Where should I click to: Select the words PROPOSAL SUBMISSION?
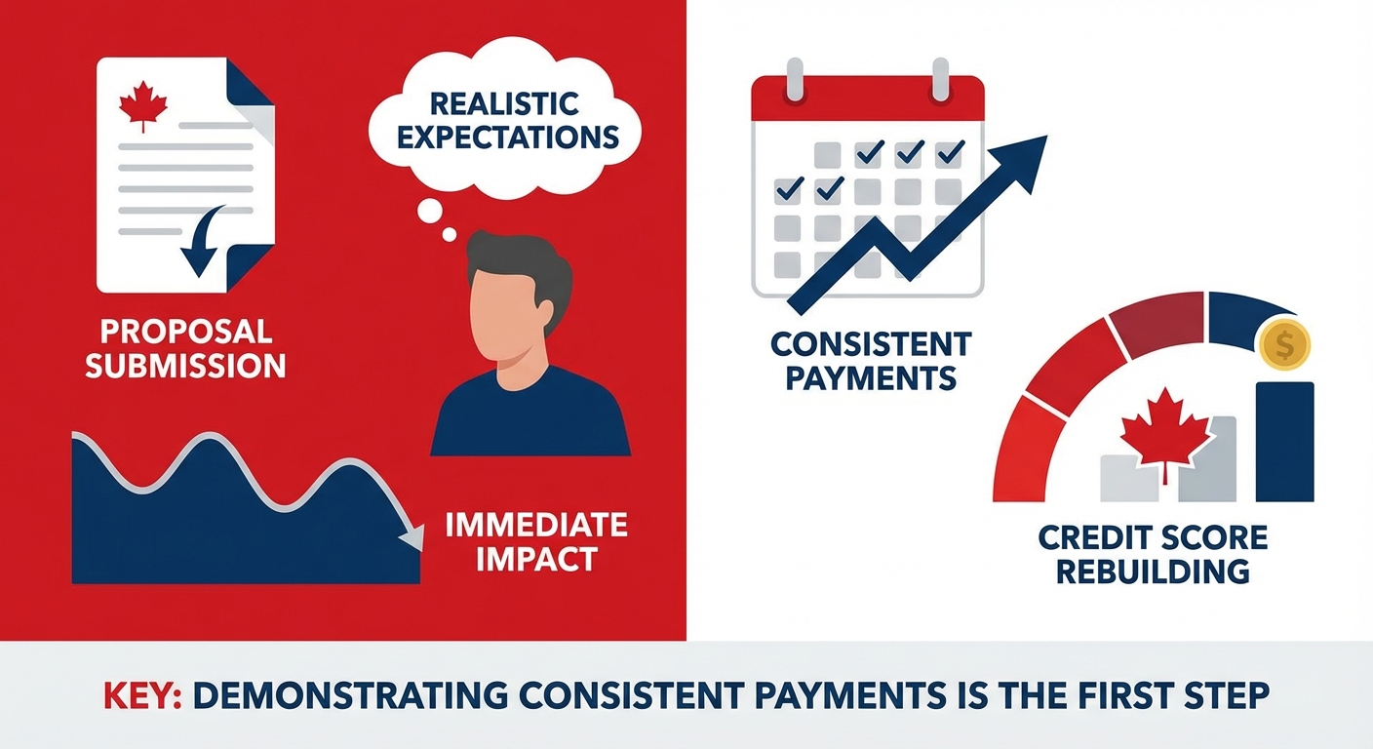(185, 348)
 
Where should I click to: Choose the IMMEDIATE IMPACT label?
(535, 541)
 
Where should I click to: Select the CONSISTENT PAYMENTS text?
(871, 360)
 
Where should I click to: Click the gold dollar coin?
(1284, 344)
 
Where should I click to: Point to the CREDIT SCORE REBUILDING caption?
(1153, 553)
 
